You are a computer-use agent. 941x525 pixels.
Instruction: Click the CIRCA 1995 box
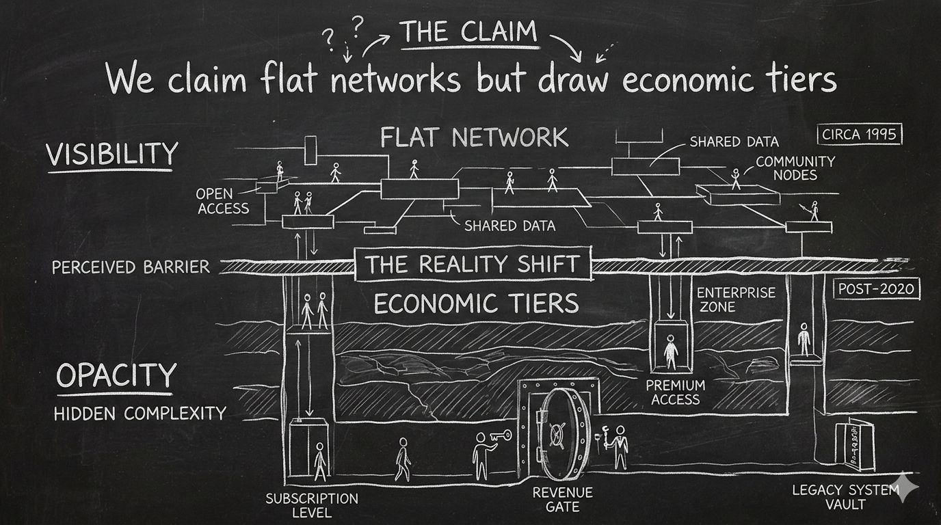coord(860,133)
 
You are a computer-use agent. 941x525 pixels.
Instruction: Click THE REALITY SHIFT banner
coord(473,264)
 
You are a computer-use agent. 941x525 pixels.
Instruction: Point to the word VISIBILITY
coord(111,153)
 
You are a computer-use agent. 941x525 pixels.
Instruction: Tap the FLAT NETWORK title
coord(474,137)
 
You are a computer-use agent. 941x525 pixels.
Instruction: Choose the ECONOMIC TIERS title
coord(475,302)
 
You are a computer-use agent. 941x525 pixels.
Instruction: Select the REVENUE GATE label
coord(562,499)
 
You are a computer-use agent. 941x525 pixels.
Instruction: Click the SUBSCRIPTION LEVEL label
coord(311,505)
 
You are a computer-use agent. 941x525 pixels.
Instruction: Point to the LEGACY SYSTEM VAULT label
coord(845,497)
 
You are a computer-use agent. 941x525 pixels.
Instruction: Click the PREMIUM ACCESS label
coord(675,392)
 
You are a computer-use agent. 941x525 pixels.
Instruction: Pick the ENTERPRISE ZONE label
coord(736,299)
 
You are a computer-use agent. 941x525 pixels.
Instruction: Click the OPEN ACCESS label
coord(223,200)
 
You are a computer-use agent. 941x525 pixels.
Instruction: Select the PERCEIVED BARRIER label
coord(131,267)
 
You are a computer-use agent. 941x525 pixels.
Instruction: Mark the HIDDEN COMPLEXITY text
coord(140,413)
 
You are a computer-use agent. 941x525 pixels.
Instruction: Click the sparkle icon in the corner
coord(907,487)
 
